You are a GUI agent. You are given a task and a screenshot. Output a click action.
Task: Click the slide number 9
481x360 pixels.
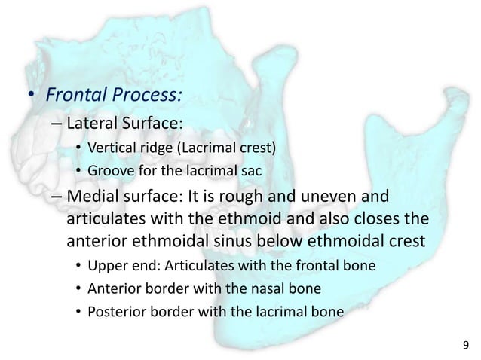(465, 346)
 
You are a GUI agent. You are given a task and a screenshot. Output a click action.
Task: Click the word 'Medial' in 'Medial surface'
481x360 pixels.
(93, 197)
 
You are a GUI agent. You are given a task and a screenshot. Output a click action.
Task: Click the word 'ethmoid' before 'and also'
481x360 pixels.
(256, 221)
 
